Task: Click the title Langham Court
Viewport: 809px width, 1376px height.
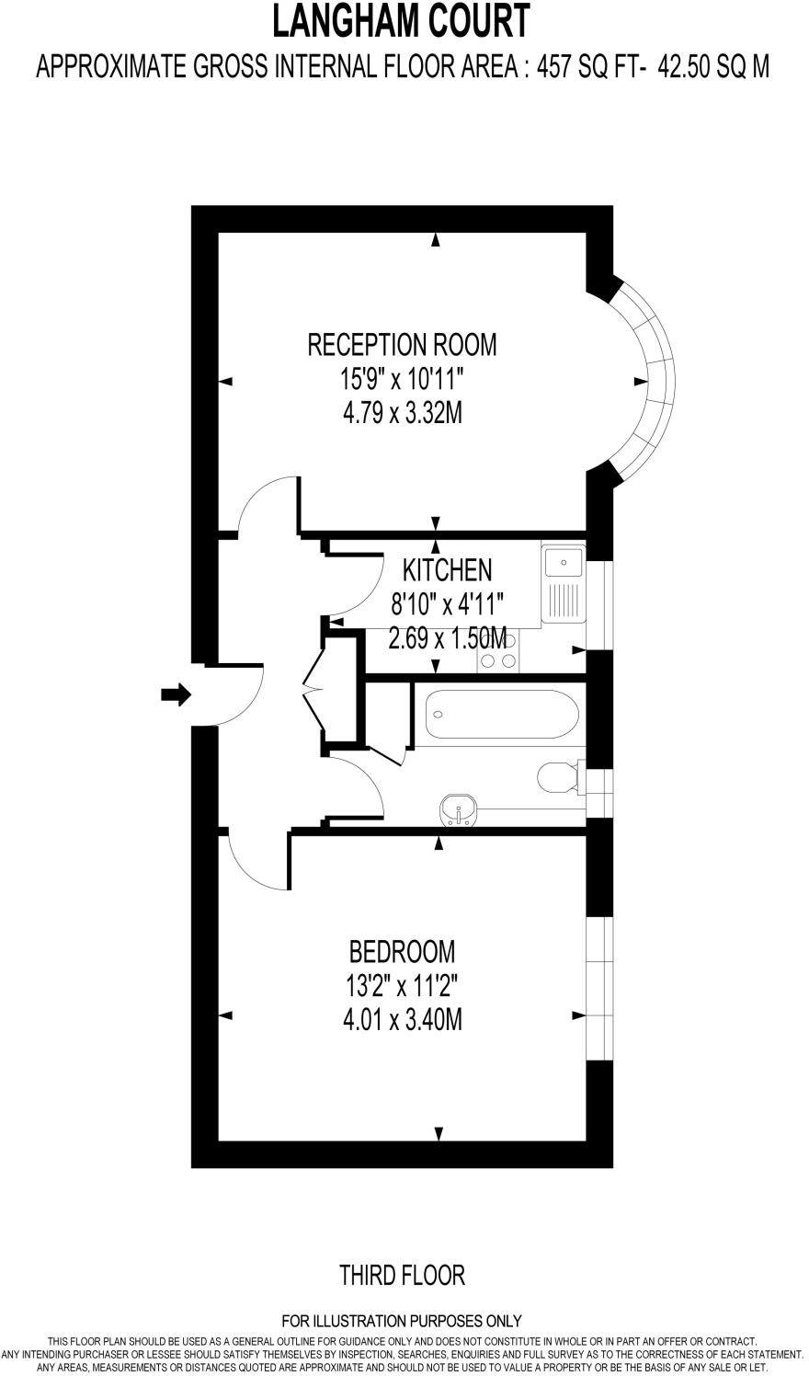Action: [402, 20]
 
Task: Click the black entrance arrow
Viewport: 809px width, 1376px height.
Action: [175, 694]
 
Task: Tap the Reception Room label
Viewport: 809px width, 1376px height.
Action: [402, 345]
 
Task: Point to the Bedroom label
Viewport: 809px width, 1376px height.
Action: [402, 950]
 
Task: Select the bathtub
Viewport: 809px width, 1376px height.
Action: [502, 714]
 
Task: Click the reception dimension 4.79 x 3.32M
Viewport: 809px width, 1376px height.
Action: [402, 414]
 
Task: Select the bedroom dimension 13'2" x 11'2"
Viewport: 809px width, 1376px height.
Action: [402, 985]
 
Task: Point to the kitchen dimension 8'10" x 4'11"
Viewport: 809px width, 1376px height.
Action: [448, 604]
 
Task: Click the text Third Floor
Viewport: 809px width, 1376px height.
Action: [402, 1275]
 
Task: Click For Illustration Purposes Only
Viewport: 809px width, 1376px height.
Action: [402, 1321]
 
